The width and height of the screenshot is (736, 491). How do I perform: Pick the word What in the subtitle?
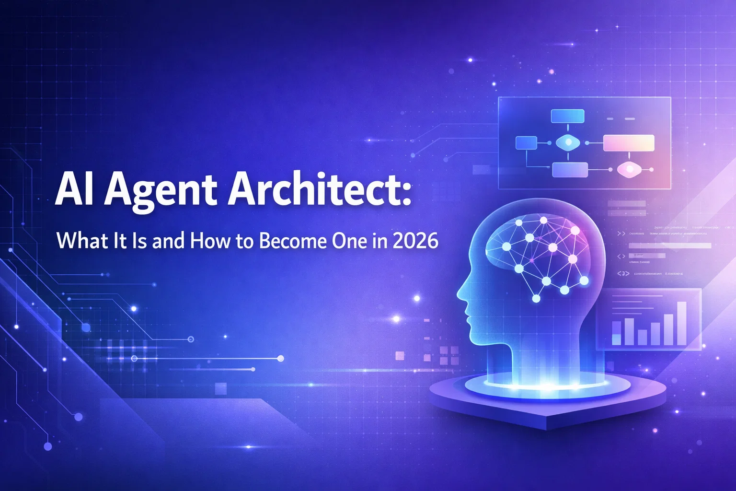pos(76,241)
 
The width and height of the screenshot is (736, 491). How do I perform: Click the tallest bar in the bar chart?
pos(681,323)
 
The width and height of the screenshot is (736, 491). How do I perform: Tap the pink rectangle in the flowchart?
pos(629,143)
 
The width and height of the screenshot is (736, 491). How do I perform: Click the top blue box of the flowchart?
pos(567,116)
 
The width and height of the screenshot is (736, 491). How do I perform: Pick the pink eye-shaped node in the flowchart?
pos(628,169)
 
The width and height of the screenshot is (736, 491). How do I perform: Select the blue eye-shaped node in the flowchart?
pos(567,142)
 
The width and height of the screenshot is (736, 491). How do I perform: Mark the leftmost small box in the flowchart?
pos(526,142)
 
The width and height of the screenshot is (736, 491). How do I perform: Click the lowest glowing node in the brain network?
pos(536,299)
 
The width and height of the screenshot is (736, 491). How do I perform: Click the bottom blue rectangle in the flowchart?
pos(570,170)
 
